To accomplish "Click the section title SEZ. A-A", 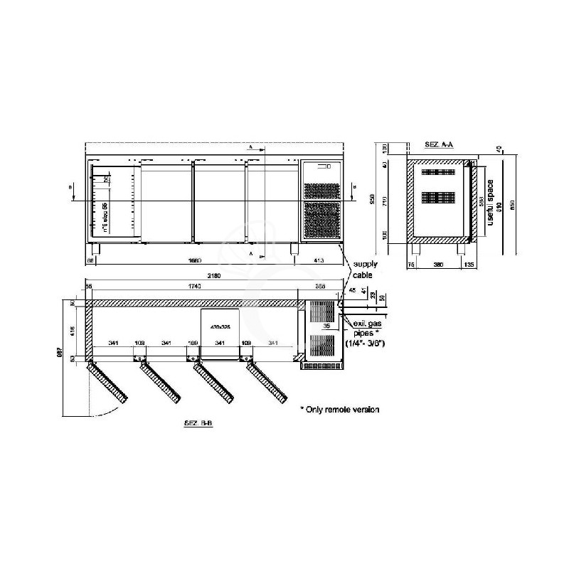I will point(438,144).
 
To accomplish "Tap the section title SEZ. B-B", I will point(198,423).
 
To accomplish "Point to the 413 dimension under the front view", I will point(319,261).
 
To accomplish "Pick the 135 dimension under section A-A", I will point(469,265).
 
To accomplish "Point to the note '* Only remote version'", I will point(339,410).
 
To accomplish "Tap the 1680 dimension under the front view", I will point(194,261).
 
